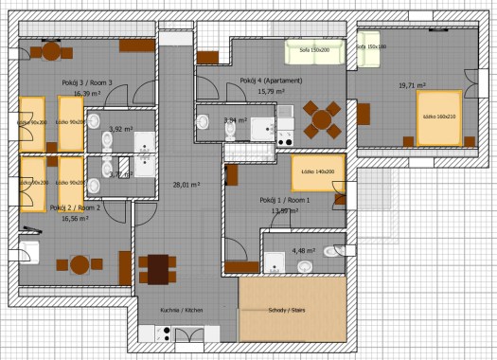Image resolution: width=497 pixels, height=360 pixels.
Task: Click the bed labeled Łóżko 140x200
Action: [316, 172]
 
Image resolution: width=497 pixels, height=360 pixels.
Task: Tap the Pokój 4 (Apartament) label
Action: [271, 81]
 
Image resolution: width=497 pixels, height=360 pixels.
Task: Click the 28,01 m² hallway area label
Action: [185, 186]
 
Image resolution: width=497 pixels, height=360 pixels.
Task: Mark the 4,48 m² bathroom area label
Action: [303, 251]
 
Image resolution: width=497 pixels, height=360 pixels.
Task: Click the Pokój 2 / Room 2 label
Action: [75, 207]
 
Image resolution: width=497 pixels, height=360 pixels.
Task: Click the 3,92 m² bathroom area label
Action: [120, 129]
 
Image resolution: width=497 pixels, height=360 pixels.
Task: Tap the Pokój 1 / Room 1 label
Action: [281, 201]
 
